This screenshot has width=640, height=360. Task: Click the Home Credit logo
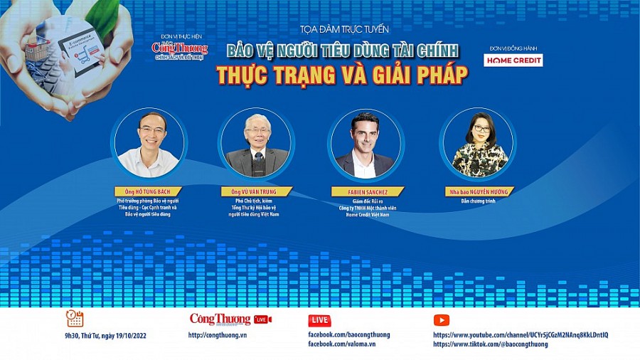[x=513, y=60]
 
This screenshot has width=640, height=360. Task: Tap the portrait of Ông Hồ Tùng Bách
[x=149, y=143]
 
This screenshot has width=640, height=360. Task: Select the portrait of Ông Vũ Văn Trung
[x=256, y=143]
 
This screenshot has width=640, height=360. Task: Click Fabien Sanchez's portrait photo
[x=365, y=143]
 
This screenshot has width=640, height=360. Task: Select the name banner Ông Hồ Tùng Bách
[x=148, y=191]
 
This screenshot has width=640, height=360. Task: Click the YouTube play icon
[x=441, y=320]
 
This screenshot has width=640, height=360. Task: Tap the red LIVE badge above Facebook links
[x=319, y=320]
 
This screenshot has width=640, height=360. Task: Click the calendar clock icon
[x=75, y=318]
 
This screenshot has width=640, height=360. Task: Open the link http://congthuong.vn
[x=217, y=335]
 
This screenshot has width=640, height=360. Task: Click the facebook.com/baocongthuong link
[x=348, y=335]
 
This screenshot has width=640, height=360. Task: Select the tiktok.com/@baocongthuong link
[x=490, y=344]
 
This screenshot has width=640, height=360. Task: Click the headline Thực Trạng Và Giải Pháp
[x=342, y=75]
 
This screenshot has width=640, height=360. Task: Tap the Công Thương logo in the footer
[x=220, y=319]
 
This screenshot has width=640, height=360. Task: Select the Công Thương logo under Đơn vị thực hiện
[x=180, y=48]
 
